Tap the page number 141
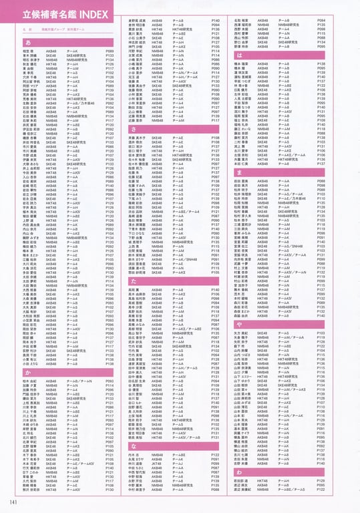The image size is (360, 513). tap(13, 503)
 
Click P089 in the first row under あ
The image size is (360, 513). tap(110, 51)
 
